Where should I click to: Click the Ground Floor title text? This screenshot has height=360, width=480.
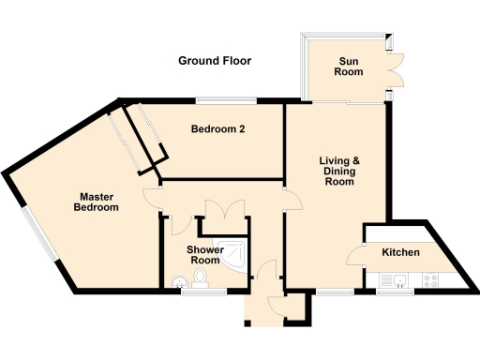(215, 61)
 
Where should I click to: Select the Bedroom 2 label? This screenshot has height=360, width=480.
(217, 128)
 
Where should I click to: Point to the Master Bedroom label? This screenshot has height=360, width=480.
(98, 202)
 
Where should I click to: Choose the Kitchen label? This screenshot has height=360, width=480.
(400, 253)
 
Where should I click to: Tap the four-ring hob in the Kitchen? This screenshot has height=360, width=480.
(433, 278)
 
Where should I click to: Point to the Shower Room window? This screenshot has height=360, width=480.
(202, 292)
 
